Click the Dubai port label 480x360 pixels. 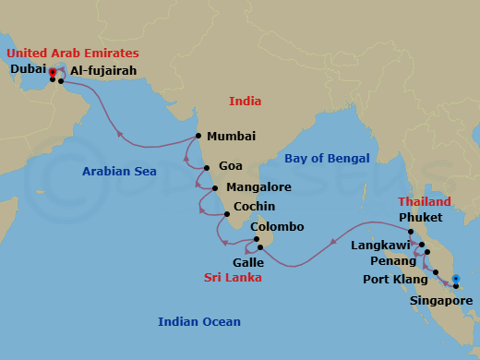pos(27,68)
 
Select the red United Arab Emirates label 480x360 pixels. pos(75,53)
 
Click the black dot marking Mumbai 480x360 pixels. pos(198,136)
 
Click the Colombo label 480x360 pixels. pos(277,227)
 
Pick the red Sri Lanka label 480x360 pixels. pos(232,277)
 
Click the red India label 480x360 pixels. pos(246,101)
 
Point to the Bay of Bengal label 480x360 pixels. pos(327,159)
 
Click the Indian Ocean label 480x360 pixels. pos(199,321)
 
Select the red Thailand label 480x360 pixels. pos(425,201)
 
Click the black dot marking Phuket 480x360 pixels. pos(411,232)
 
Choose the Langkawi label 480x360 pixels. pos(380,246)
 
